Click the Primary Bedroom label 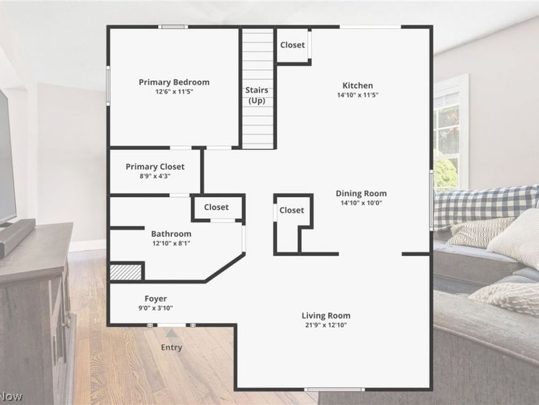click(x=174, y=82)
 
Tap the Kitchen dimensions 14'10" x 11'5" click(x=358, y=95)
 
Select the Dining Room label click(x=361, y=193)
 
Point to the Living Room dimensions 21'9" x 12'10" click(x=326, y=325)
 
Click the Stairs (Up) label click(x=257, y=95)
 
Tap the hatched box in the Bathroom click(x=125, y=272)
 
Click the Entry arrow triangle click(x=172, y=333)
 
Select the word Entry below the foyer click(x=172, y=348)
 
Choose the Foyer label click(x=156, y=298)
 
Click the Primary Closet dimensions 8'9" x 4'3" click(x=155, y=176)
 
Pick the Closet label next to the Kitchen click(x=292, y=45)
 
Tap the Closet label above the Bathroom click(x=216, y=207)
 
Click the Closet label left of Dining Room click(x=292, y=211)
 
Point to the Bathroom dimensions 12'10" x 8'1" click(x=171, y=244)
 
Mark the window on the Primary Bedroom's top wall click(x=173, y=27)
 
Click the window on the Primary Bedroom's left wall click(x=108, y=86)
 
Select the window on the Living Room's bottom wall click(x=334, y=389)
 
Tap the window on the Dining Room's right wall click(x=431, y=200)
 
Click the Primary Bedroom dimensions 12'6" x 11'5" click(x=174, y=92)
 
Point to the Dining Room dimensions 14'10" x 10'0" click(x=361, y=203)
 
